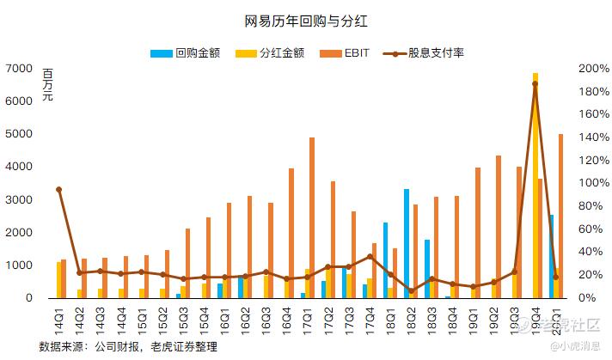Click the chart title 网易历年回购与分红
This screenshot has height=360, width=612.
(x=307, y=20)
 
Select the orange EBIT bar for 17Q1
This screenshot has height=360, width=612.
(x=312, y=219)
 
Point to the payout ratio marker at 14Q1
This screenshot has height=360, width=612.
(x=59, y=189)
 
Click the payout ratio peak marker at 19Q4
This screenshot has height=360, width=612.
(x=535, y=83)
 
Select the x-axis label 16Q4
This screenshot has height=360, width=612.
(x=290, y=319)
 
